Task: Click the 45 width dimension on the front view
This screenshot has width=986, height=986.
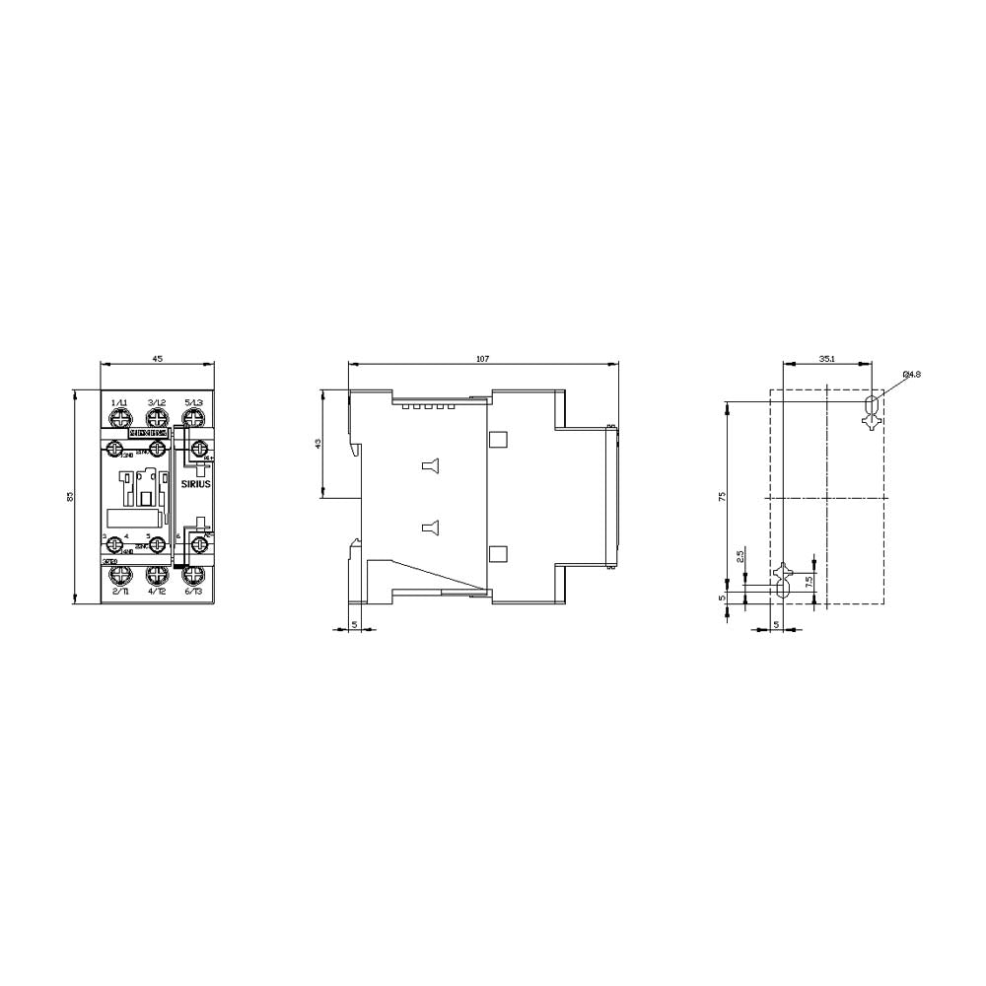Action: point(157,358)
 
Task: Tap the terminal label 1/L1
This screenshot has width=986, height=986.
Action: point(119,402)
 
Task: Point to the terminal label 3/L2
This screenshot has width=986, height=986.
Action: point(156,402)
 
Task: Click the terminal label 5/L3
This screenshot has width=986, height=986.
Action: point(193,402)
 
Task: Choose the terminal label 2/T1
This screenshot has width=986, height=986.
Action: point(119,591)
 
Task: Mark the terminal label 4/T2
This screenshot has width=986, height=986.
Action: point(156,591)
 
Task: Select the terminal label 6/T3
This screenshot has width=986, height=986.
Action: point(193,591)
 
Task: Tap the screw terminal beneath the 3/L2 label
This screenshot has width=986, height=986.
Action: point(156,418)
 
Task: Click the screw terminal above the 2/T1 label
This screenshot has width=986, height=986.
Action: point(119,573)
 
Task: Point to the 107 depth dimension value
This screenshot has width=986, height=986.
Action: point(482,358)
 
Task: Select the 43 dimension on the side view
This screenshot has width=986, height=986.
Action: point(317,445)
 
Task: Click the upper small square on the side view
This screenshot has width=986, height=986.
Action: point(498,439)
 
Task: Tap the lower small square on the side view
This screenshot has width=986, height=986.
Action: point(498,554)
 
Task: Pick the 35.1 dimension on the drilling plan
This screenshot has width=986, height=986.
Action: point(826,358)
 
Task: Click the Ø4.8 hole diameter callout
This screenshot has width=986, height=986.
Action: point(911,375)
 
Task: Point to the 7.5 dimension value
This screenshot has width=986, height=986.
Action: point(810,581)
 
